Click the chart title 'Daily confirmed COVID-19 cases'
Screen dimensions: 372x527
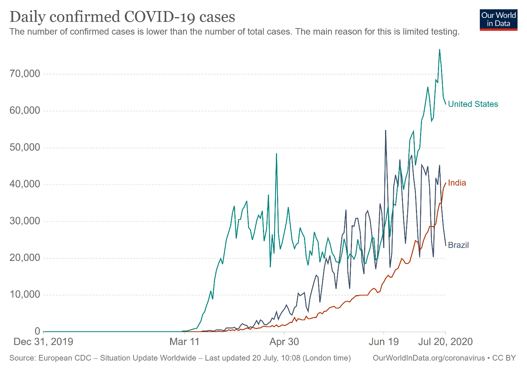pos(122,17)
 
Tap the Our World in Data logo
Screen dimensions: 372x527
pos(498,20)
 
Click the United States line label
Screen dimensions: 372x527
pos(473,104)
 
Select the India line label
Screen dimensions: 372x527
pos(457,183)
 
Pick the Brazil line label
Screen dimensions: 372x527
pos(458,245)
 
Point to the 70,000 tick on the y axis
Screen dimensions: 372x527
pos(25,74)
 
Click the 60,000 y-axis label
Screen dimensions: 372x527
pos(25,111)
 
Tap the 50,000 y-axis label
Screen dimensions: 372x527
pos(25,148)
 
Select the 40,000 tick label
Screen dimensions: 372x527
pos(25,184)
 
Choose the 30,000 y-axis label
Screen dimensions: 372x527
pos(25,221)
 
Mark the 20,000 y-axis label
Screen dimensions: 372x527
pos(25,258)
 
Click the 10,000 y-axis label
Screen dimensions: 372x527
pos(25,295)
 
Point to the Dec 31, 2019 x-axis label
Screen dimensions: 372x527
pos(43,342)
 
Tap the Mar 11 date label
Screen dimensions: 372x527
pos(185,342)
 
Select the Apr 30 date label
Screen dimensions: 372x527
pos(284,342)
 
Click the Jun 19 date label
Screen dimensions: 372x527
pos(384,342)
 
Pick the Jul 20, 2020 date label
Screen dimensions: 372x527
pos(445,342)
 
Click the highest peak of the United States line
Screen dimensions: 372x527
pos(439,49)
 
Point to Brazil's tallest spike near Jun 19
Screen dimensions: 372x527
pos(385,130)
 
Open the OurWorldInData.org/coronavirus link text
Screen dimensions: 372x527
pos(428,358)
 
